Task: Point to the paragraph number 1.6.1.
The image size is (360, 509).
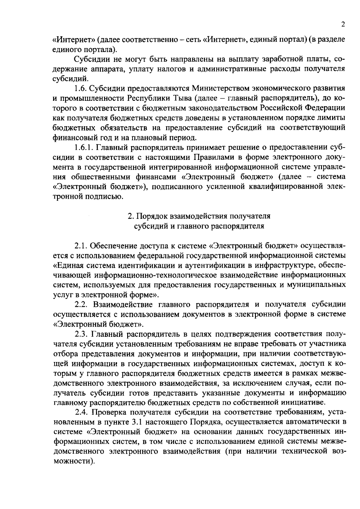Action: click(x=84, y=148)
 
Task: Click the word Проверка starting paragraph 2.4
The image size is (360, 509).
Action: click(x=111, y=412)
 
